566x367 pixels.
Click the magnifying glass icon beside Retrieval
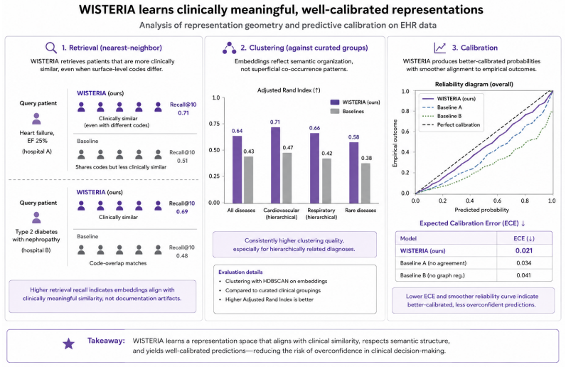click(51, 48)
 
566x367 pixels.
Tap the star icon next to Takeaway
click(68, 344)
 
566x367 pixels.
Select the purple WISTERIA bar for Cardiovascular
click(275, 165)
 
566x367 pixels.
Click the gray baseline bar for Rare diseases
click(365, 183)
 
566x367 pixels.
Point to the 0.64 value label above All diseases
click(237, 131)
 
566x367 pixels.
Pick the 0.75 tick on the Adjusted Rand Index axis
click(215, 124)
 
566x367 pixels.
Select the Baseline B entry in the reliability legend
click(442, 116)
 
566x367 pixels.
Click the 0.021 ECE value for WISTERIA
click(524, 250)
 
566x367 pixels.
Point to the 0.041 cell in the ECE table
click(523, 275)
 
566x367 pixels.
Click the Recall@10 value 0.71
click(183, 113)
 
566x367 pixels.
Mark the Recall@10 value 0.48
click(182, 256)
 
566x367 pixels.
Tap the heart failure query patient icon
click(36, 119)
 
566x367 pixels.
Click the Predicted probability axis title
click(481, 210)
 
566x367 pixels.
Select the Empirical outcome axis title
click(395, 143)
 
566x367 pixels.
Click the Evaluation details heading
click(240, 272)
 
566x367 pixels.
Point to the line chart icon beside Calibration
click(440, 48)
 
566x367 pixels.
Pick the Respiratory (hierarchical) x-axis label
click(321, 213)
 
